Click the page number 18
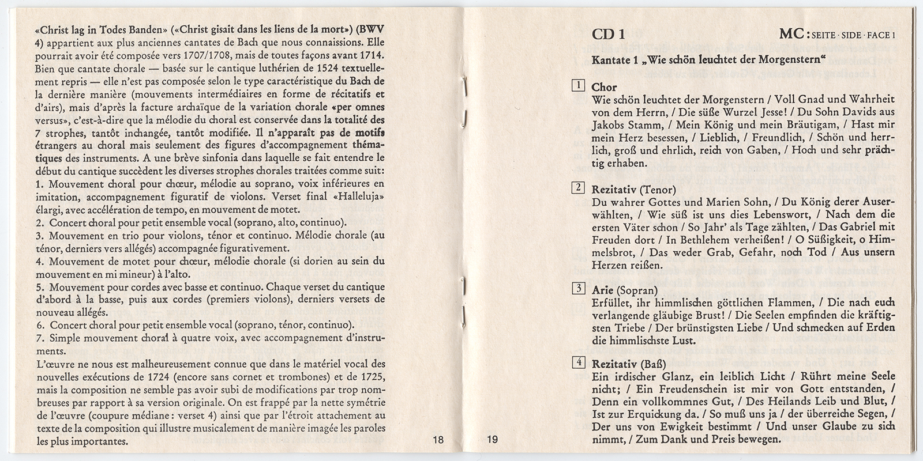pos(438,440)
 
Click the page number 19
pos(491,440)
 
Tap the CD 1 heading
pos(608,34)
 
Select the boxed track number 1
pos(577,87)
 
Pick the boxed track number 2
pos(577,188)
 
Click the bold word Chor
pos(605,88)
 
